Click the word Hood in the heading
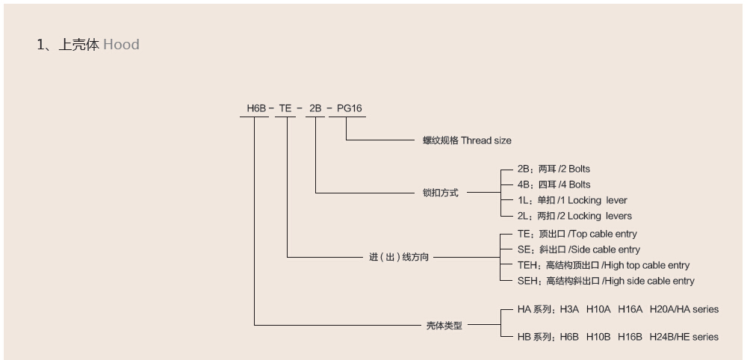pos(121,44)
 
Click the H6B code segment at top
pos(256,108)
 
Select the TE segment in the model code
pos(285,108)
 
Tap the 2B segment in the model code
pos(315,108)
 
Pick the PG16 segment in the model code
pos(349,108)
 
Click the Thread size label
pos(486,140)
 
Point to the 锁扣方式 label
pos(441,193)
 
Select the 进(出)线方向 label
pos(399,257)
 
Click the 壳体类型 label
pos(444,326)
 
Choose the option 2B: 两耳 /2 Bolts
pos(554,169)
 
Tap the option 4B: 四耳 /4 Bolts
pos(554,184)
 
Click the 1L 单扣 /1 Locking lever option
pos(572,200)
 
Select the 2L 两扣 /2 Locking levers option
pos(574,216)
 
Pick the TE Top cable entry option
pos(577,234)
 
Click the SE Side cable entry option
pos(578,249)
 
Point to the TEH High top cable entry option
pos(603,265)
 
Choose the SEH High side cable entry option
pos(605,281)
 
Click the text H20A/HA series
pos(684,308)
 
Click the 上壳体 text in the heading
pos(78,44)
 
